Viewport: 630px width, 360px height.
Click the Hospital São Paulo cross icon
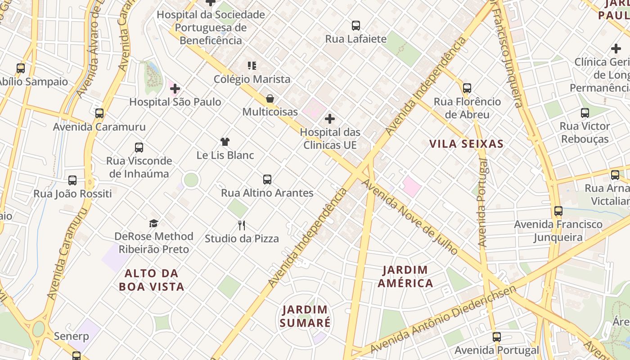(x=175, y=89)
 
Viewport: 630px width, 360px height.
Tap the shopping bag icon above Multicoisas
(x=270, y=98)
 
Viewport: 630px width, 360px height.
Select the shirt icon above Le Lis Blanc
(x=225, y=142)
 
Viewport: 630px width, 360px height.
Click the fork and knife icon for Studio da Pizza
(x=242, y=225)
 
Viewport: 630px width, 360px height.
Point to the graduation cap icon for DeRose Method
(x=154, y=223)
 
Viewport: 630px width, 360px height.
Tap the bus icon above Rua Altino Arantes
(x=267, y=180)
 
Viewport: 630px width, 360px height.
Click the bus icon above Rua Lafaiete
(x=356, y=26)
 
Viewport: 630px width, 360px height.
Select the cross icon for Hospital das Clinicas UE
(x=330, y=119)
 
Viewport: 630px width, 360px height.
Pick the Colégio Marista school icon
(x=252, y=66)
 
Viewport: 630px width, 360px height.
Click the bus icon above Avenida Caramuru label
(x=99, y=113)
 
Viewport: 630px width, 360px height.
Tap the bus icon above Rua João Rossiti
(x=72, y=180)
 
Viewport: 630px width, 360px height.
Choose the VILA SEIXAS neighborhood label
(x=466, y=144)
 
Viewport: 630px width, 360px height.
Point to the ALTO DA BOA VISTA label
(x=152, y=280)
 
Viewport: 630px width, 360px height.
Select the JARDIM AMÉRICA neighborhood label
(x=405, y=276)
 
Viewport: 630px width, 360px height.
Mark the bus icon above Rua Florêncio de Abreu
(x=467, y=88)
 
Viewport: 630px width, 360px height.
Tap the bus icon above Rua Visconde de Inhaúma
(x=139, y=148)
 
